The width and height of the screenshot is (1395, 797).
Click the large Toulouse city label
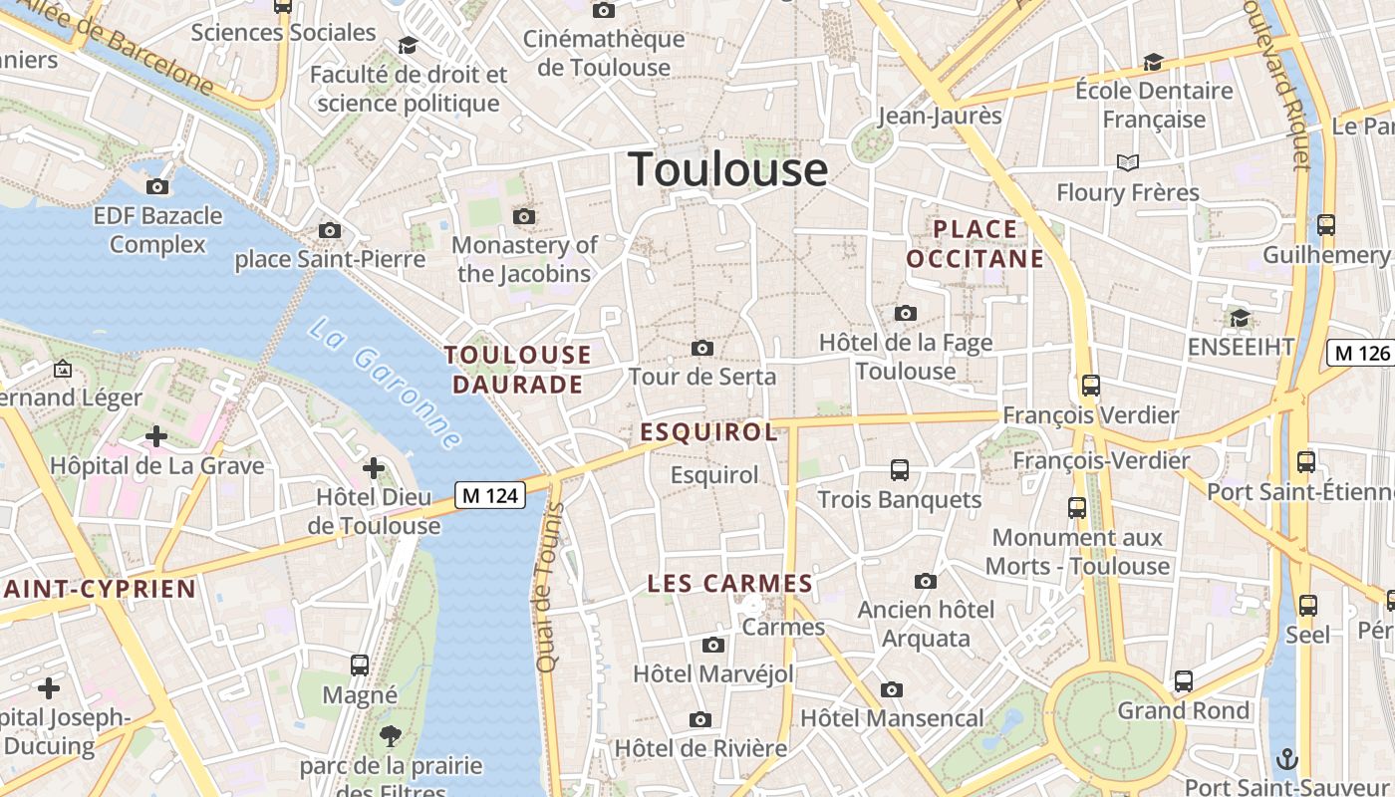tap(727, 169)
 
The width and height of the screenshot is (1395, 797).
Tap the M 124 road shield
tap(490, 494)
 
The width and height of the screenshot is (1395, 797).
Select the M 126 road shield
tap(1360, 353)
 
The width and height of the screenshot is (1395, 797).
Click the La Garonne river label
tap(385, 383)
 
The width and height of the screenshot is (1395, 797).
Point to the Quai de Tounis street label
tap(549, 587)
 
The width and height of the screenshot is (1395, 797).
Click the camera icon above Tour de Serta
tap(702, 348)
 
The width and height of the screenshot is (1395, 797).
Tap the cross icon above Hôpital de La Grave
tap(156, 436)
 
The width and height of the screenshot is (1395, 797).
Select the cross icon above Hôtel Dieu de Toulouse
tap(374, 467)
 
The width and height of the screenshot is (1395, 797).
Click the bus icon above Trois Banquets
tap(900, 469)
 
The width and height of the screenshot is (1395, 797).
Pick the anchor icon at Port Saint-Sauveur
tap(1287, 758)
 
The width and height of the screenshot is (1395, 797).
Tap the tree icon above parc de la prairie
tap(391, 736)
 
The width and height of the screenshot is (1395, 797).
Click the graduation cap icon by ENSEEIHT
tap(1240, 318)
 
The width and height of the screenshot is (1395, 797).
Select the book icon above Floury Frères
tap(1128, 162)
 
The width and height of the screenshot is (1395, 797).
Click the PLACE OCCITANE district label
tap(976, 244)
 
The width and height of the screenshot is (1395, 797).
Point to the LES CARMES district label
tap(730, 584)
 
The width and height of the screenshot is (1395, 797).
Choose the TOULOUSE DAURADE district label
tap(518, 370)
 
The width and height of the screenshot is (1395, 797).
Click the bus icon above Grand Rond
tap(1184, 681)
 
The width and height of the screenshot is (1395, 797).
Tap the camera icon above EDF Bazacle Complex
tap(157, 186)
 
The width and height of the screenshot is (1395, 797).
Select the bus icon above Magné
tap(360, 664)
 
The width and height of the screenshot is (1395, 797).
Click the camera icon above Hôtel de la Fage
tap(906, 313)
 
